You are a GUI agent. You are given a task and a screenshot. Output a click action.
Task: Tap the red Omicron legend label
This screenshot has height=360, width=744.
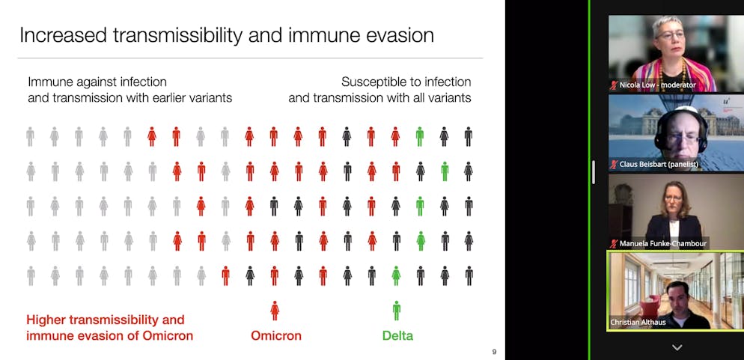(276, 336)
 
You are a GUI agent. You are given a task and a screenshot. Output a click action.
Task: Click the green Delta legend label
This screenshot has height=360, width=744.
(397, 336)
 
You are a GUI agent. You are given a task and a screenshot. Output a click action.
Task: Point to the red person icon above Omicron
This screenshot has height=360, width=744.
(275, 311)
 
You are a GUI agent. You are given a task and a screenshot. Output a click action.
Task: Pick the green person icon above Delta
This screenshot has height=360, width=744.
(396, 311)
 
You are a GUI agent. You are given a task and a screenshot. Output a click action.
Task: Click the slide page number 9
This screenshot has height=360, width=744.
(495, 352)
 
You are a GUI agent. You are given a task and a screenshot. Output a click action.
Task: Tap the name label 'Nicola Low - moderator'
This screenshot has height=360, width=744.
(658, 85)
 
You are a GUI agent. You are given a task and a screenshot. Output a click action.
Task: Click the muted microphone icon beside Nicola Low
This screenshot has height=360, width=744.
(614, 85)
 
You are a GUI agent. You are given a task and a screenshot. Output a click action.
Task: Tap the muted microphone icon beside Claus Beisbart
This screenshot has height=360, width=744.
(614, 165)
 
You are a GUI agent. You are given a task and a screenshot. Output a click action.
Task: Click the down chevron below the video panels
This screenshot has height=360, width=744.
(677, 348)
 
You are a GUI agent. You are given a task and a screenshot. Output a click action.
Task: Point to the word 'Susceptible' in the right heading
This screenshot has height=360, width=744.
(371, 82)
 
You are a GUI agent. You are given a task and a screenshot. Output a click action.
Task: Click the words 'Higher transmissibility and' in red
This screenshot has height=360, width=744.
(106, 320)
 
